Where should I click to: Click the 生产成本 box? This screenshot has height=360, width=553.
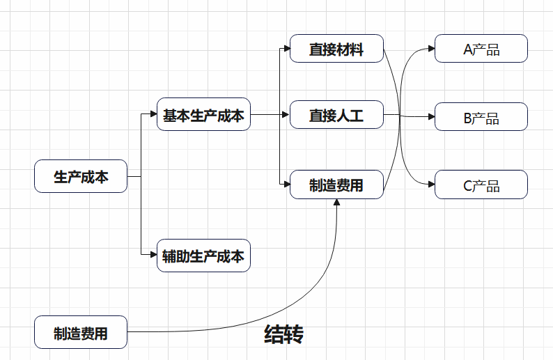click(x=81, y=177)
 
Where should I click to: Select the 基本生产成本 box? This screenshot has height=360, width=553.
click(x=203, y=115)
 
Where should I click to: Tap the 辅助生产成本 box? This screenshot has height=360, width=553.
click(x=203, y=256)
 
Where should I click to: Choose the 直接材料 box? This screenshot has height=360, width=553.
click(x=336, y=49)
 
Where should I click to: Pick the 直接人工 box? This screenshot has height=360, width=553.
click(x=336, y=115)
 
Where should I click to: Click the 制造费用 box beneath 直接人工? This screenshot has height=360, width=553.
click(x=336, y=185)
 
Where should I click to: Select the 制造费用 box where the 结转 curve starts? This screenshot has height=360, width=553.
click(x=81, y=332)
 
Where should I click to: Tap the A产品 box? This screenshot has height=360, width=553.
click(x=481, y=49)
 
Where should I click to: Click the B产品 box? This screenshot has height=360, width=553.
click(x=481, y=117)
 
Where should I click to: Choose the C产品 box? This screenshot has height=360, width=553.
click(x=481, y=185)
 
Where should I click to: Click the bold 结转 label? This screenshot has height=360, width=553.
click(x=283, y=334)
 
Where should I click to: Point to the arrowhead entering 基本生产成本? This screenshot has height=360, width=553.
click(x=153, y=115)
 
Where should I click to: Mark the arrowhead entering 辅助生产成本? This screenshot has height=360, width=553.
click(x=153, y=256)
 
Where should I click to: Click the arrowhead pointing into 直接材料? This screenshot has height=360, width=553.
click(x=286, y=49)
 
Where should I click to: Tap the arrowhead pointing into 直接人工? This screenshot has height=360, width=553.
click(x=286, y=115)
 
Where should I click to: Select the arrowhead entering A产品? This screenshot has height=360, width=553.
click(x=431, y=49)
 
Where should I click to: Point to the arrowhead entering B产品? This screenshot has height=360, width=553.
click(x=431, y=117)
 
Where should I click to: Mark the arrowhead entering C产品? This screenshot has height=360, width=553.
click(x=431, y=185)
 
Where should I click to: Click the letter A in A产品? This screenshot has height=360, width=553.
click(x=467, y=49)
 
